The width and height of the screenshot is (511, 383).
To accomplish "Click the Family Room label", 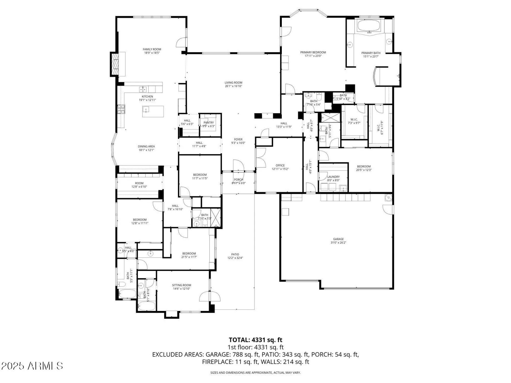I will [x=152, y=49].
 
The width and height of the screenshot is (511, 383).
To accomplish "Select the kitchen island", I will [x=153, y=111].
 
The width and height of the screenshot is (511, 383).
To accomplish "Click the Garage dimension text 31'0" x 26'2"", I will [x=338, y=243].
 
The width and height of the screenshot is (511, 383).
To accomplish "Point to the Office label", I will [x=280, y=165].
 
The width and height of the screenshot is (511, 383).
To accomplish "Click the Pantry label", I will [x=208, y=123].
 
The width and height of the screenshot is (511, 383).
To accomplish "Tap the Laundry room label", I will [x=333, y=177].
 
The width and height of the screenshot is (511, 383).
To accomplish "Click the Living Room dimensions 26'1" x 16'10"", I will [x=233, y=86].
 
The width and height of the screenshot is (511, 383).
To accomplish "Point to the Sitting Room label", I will [x=181, y=285].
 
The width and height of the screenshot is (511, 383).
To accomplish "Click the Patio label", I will [x=235, y=254].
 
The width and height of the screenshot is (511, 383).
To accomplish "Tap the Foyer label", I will [x=238, y=139].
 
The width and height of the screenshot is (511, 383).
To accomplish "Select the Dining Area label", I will [x=146, y=147].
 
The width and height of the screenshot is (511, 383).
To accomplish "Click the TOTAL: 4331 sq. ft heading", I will [x=255, y=340].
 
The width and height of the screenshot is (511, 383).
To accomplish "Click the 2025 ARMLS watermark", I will [x=32, y=366].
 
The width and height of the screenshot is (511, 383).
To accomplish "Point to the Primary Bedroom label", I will [x=313, y=52].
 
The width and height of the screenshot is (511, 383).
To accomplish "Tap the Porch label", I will [x=238, y=179].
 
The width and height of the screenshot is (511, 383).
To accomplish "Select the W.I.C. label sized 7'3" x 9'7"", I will [x=354, y=119].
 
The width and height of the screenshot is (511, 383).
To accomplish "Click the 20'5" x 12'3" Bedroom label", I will [x=364, y=166].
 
